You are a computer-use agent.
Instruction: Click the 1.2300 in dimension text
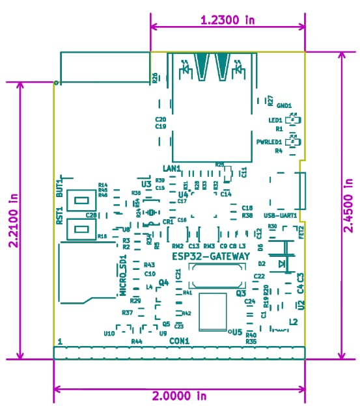[x=227, y=20]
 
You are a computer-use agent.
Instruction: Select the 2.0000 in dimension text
[x=179, y=395]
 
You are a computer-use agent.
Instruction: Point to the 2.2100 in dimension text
[x=12, y=220]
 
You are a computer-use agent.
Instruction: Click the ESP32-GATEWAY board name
[x=210, y=257]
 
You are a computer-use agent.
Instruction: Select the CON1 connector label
[x=179, y=341]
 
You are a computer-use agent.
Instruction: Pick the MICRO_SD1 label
[x=122, y=276]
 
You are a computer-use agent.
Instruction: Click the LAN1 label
[x=171, y=168]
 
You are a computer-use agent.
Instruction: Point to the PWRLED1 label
[x=268, y=141]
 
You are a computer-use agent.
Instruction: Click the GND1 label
[x=284, y=105]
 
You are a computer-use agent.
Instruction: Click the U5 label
[x=236, y=331]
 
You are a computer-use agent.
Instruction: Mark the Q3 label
[x=240, y=293]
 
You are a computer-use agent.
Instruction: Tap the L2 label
[x=293, y=322]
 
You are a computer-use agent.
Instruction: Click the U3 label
[x=146, y=185]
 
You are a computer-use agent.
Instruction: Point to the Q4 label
[x=163, y=282]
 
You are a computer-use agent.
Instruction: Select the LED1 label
[x=275, y=120]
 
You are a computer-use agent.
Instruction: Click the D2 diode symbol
[x=283, y=263]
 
